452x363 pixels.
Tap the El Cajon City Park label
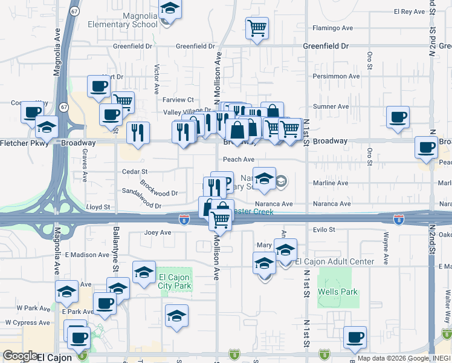[174, 282]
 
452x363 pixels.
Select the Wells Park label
[338, 292]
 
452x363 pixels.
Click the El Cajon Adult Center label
[334, 261]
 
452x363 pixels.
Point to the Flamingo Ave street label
[332, 28]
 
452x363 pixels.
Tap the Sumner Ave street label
[331, 106]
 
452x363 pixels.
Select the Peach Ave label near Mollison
[239, 160]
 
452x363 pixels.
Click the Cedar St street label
[135, 172]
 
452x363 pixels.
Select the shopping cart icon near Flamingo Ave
[257, 27]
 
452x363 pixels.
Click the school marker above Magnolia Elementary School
[170, 9]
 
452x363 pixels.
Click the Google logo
[20, 356]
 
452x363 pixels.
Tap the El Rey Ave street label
[410, 11]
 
